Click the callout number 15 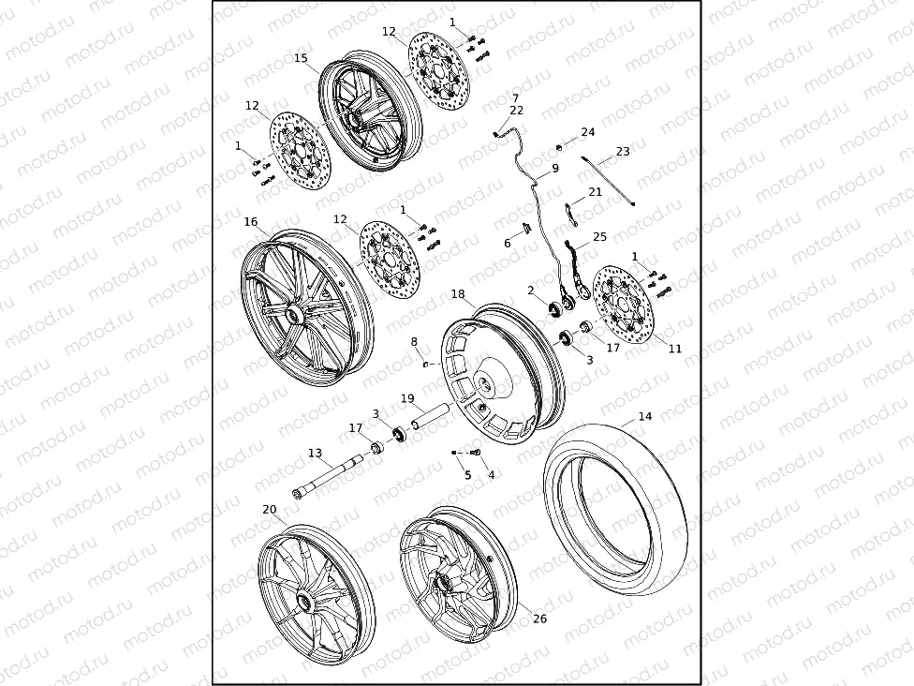click(x=301, y=58)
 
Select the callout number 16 click(x=251, y=222)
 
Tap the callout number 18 click(x=458, y=294)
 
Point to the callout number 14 click(x=644, y=416)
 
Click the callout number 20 click(x=270, y=510)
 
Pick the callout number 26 click(x=539, y=619)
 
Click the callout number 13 click(x=315, y=454)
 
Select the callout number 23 click(x=623, y=152)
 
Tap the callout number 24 click(x=588, y=133)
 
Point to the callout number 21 click(x=596, y=192)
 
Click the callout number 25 click(x=600, y=237)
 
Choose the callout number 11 click(x=675, y=349)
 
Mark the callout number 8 click(x=414, y=342)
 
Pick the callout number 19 click(x=407, y=398)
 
